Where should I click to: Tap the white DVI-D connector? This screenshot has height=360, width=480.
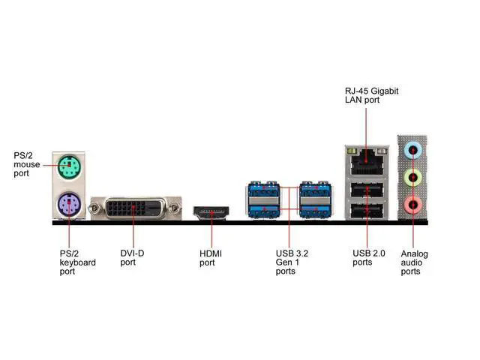tap(135, 208)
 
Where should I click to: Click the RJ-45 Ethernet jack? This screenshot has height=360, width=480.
tap(365, 158)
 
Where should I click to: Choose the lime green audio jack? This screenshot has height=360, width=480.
tap(411, 178)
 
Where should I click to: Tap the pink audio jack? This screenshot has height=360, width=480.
tap(411, 204)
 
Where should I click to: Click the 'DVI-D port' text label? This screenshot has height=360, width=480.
tap(133, 257)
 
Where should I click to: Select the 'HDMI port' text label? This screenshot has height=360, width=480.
tap(211, 258)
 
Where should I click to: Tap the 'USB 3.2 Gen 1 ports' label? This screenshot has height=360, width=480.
tap(292, 262)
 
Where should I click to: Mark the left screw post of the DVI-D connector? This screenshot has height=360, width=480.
tap(95, 208)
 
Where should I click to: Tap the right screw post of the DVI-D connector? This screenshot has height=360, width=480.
tap(175, 208)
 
